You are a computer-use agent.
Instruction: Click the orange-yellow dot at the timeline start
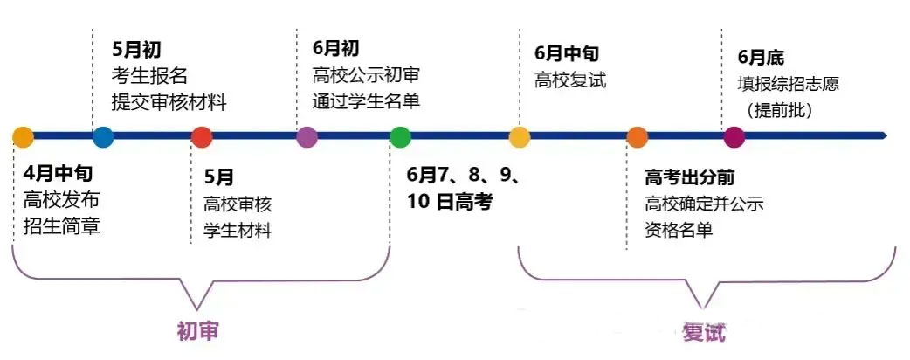tap(24, 136)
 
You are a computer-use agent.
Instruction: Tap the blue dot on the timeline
tap(103, 136)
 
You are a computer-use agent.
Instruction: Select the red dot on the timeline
tap(202, 136)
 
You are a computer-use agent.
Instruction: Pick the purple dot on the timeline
tap(307, 137)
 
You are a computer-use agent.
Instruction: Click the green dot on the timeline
tap(400, 137)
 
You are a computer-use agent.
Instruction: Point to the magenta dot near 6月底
tap(734, 137)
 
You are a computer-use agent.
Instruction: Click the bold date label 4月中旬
tap(58, 173)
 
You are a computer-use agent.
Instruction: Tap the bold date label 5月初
tap(135, 49)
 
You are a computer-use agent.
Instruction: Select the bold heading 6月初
tap(335, 48)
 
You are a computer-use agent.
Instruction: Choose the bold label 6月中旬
tap(567, 53)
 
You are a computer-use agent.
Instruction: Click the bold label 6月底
tap(761, 58)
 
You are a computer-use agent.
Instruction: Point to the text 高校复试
tap(570, 80)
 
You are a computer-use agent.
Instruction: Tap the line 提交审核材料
tap(169, 103)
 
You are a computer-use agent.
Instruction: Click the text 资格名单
tap(679, 231)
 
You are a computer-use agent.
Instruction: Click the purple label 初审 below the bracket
tap(197, 330)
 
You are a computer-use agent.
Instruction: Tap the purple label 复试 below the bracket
tap(704, 333)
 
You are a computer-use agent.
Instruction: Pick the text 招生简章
tap(61, 225)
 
